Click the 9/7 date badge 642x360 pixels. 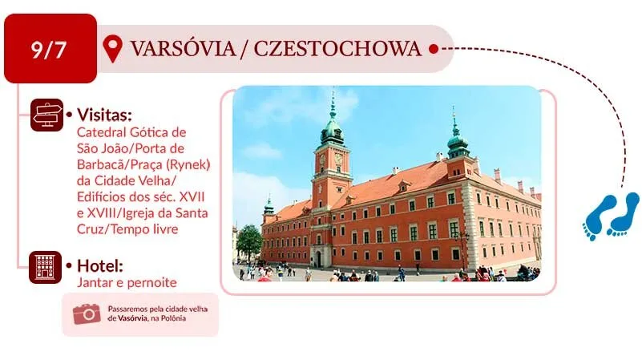(x=50, y=48)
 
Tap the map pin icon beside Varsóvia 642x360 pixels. (x=112, y=48)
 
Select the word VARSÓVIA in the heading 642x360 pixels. (x=183, y=48)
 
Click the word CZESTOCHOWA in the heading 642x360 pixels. (x=337, y=48)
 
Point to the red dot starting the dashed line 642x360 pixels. (x=434, y=49)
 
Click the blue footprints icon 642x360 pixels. (x=611, y=216)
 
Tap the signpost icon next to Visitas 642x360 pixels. (x=47, y=115)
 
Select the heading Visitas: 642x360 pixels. (x=104, y=115)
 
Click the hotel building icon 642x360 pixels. (x=46, y=268)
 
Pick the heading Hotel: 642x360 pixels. (x=100, y=266)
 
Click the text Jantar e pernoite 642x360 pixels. (x=127, y=282)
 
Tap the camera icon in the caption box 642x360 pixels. (x=87, y=313)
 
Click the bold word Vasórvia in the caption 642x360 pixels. (x=132, y=318)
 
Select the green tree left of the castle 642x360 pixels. (x=249, y=241)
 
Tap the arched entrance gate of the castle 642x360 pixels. (x=319, y=259)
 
